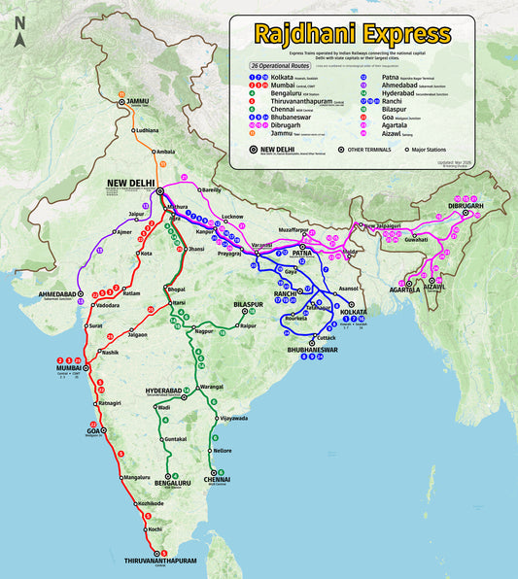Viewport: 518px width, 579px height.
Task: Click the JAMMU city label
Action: pos(137,101)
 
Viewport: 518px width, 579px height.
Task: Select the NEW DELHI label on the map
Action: pos(132,182)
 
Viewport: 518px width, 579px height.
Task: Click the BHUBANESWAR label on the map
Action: pos(310,349)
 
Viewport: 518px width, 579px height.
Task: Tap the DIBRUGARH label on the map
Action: pos(466,207)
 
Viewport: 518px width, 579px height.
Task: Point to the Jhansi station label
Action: pos(197,250)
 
